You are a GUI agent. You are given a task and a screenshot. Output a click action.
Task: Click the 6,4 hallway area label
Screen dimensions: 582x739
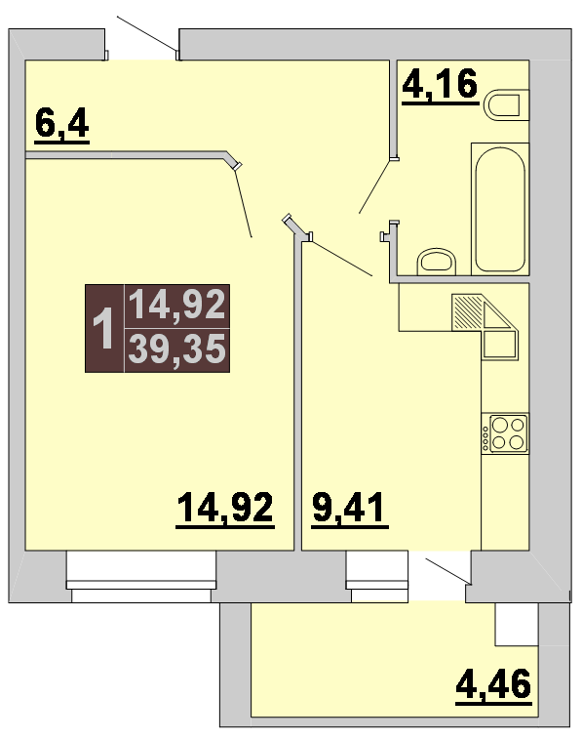tap(62, 124)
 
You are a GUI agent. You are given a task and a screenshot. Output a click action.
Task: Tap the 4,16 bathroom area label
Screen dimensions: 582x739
tap(441, 85)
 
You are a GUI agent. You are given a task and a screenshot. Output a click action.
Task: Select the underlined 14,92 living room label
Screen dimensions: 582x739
tap(225, 509)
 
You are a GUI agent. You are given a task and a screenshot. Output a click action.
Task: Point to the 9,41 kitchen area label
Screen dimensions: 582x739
tap(350, 509)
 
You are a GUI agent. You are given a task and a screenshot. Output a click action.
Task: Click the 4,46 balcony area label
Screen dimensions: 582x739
tap(493, 686)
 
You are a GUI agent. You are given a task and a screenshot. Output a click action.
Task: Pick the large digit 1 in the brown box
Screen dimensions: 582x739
tap(103, 328)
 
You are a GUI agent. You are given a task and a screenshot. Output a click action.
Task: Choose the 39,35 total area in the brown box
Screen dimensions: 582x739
tap(177, 349)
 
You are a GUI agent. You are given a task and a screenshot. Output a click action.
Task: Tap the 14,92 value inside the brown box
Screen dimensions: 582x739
tap(177, 305)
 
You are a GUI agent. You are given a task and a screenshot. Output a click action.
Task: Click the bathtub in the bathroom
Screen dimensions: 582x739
tap(500, 209)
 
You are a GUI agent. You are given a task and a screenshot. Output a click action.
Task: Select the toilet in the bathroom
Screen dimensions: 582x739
tap(507, 104)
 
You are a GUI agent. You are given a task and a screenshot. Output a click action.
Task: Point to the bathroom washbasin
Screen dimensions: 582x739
tap(437, 262)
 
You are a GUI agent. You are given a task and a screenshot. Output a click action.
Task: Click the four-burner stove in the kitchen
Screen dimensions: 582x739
tap(505, 433)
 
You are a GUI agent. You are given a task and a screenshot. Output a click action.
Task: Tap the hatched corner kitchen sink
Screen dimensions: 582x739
tap(485, 327)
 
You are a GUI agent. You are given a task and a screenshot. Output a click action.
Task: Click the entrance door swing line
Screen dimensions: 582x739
tap(147, 33)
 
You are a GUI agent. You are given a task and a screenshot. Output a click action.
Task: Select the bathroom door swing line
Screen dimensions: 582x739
tap(375, 186)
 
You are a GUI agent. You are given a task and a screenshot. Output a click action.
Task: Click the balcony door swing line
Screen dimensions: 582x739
tap(447, 571)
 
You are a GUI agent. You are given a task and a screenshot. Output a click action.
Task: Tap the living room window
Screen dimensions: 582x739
tap(141, 577)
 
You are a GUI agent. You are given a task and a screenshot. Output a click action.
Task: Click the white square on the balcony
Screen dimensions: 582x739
tap(516, 624)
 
